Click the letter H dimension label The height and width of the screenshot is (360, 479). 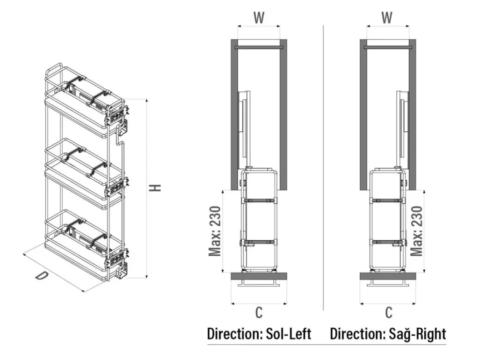click(x=156, y=187)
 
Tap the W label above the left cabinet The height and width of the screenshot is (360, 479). click(x=259, y=18)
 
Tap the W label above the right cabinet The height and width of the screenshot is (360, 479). click(x=387, y=18)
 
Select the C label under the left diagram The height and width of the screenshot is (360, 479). click(x=259, y=313)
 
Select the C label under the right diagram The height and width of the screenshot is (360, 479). click(x=388, y=313)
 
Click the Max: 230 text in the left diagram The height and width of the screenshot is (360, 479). click(x=215, y=231)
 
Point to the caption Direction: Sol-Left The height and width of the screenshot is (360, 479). click(x=259, y=334)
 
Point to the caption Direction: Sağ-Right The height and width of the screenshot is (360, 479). click(x=388, y=334)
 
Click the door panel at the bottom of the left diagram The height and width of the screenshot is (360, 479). click(x=259, y=276)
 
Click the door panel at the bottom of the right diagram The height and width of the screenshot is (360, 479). click(x=388, y=276)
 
